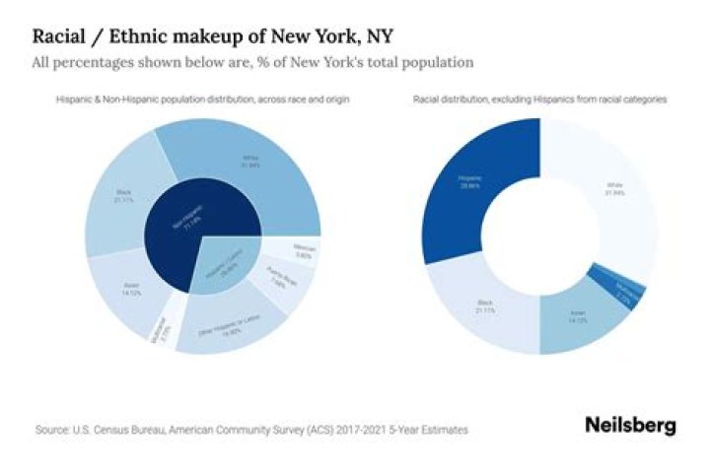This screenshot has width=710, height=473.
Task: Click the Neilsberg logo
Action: pyautogui.click(x=630, y=425)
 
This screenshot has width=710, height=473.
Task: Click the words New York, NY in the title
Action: pyautogui.click(x=337, y=37)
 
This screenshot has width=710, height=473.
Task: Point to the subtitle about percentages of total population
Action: pyautogui.click(x=252, y=63)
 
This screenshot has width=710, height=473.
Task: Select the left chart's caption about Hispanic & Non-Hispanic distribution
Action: pyautogui.click(x=202, y=101)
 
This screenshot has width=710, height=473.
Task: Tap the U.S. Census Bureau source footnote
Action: pyautogui.click(x=250, y=430)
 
